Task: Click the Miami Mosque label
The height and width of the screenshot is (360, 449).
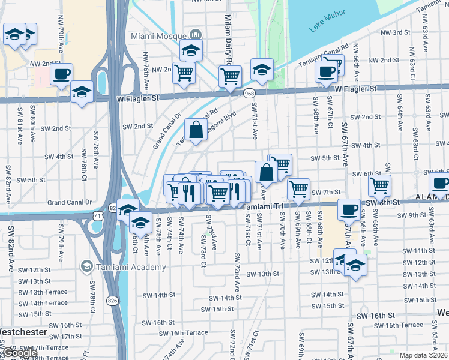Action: click(x=158, y=36)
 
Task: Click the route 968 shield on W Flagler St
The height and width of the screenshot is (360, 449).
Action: click(x=249, y=93)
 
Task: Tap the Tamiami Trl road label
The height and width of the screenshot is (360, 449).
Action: click(x=262, y=206)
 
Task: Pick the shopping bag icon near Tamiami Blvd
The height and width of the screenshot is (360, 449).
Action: click(x=196, y=129)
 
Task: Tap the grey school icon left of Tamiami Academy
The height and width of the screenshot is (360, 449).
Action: click(x=87, y=266)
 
